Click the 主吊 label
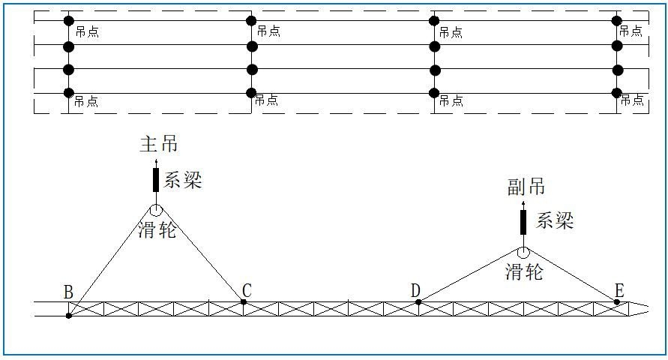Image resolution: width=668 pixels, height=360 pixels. (159, 144)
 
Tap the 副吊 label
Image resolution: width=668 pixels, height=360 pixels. (526, 188)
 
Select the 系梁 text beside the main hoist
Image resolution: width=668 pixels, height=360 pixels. (183, 180)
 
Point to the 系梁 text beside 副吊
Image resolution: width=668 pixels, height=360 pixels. (555, 220)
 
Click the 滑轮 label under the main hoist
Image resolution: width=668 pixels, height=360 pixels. (157, 230)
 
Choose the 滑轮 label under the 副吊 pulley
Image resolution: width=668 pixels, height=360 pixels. (523, 271)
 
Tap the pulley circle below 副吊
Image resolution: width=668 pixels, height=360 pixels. (523, 253)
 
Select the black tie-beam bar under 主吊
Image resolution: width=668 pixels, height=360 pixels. (156, 180)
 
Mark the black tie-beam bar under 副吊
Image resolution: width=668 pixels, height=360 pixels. (523, 222)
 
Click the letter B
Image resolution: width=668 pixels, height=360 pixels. (67, 292)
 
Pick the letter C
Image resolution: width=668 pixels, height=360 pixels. (247, 290)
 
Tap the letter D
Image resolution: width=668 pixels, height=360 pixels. (415, 290)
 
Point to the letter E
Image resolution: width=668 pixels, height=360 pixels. (619, 290)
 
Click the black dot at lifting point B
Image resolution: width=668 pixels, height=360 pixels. (68, 316)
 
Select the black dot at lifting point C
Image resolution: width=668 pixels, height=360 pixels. (244, 301)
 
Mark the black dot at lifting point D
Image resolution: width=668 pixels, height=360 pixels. (418, 301)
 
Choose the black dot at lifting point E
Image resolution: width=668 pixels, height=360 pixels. (617, 301)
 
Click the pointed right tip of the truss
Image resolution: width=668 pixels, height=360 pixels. (649, 309)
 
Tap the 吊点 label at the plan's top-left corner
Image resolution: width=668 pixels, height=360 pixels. (87, 32)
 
